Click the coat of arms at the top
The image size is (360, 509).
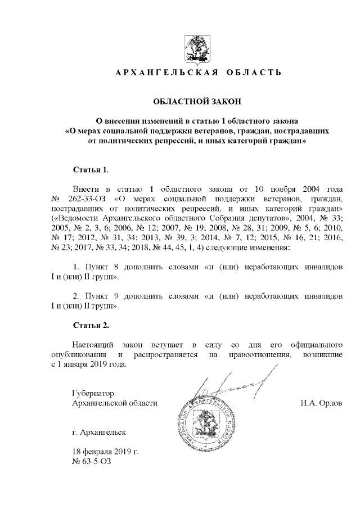pos(197,47)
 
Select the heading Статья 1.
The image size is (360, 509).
pos(91,169)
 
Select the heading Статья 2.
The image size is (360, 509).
pos(91,325)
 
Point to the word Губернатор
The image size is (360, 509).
pos(93,393)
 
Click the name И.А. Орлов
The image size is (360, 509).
pos(321,403)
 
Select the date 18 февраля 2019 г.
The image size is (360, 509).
pos(105,452)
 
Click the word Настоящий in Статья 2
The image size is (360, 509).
pos(93,344)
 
